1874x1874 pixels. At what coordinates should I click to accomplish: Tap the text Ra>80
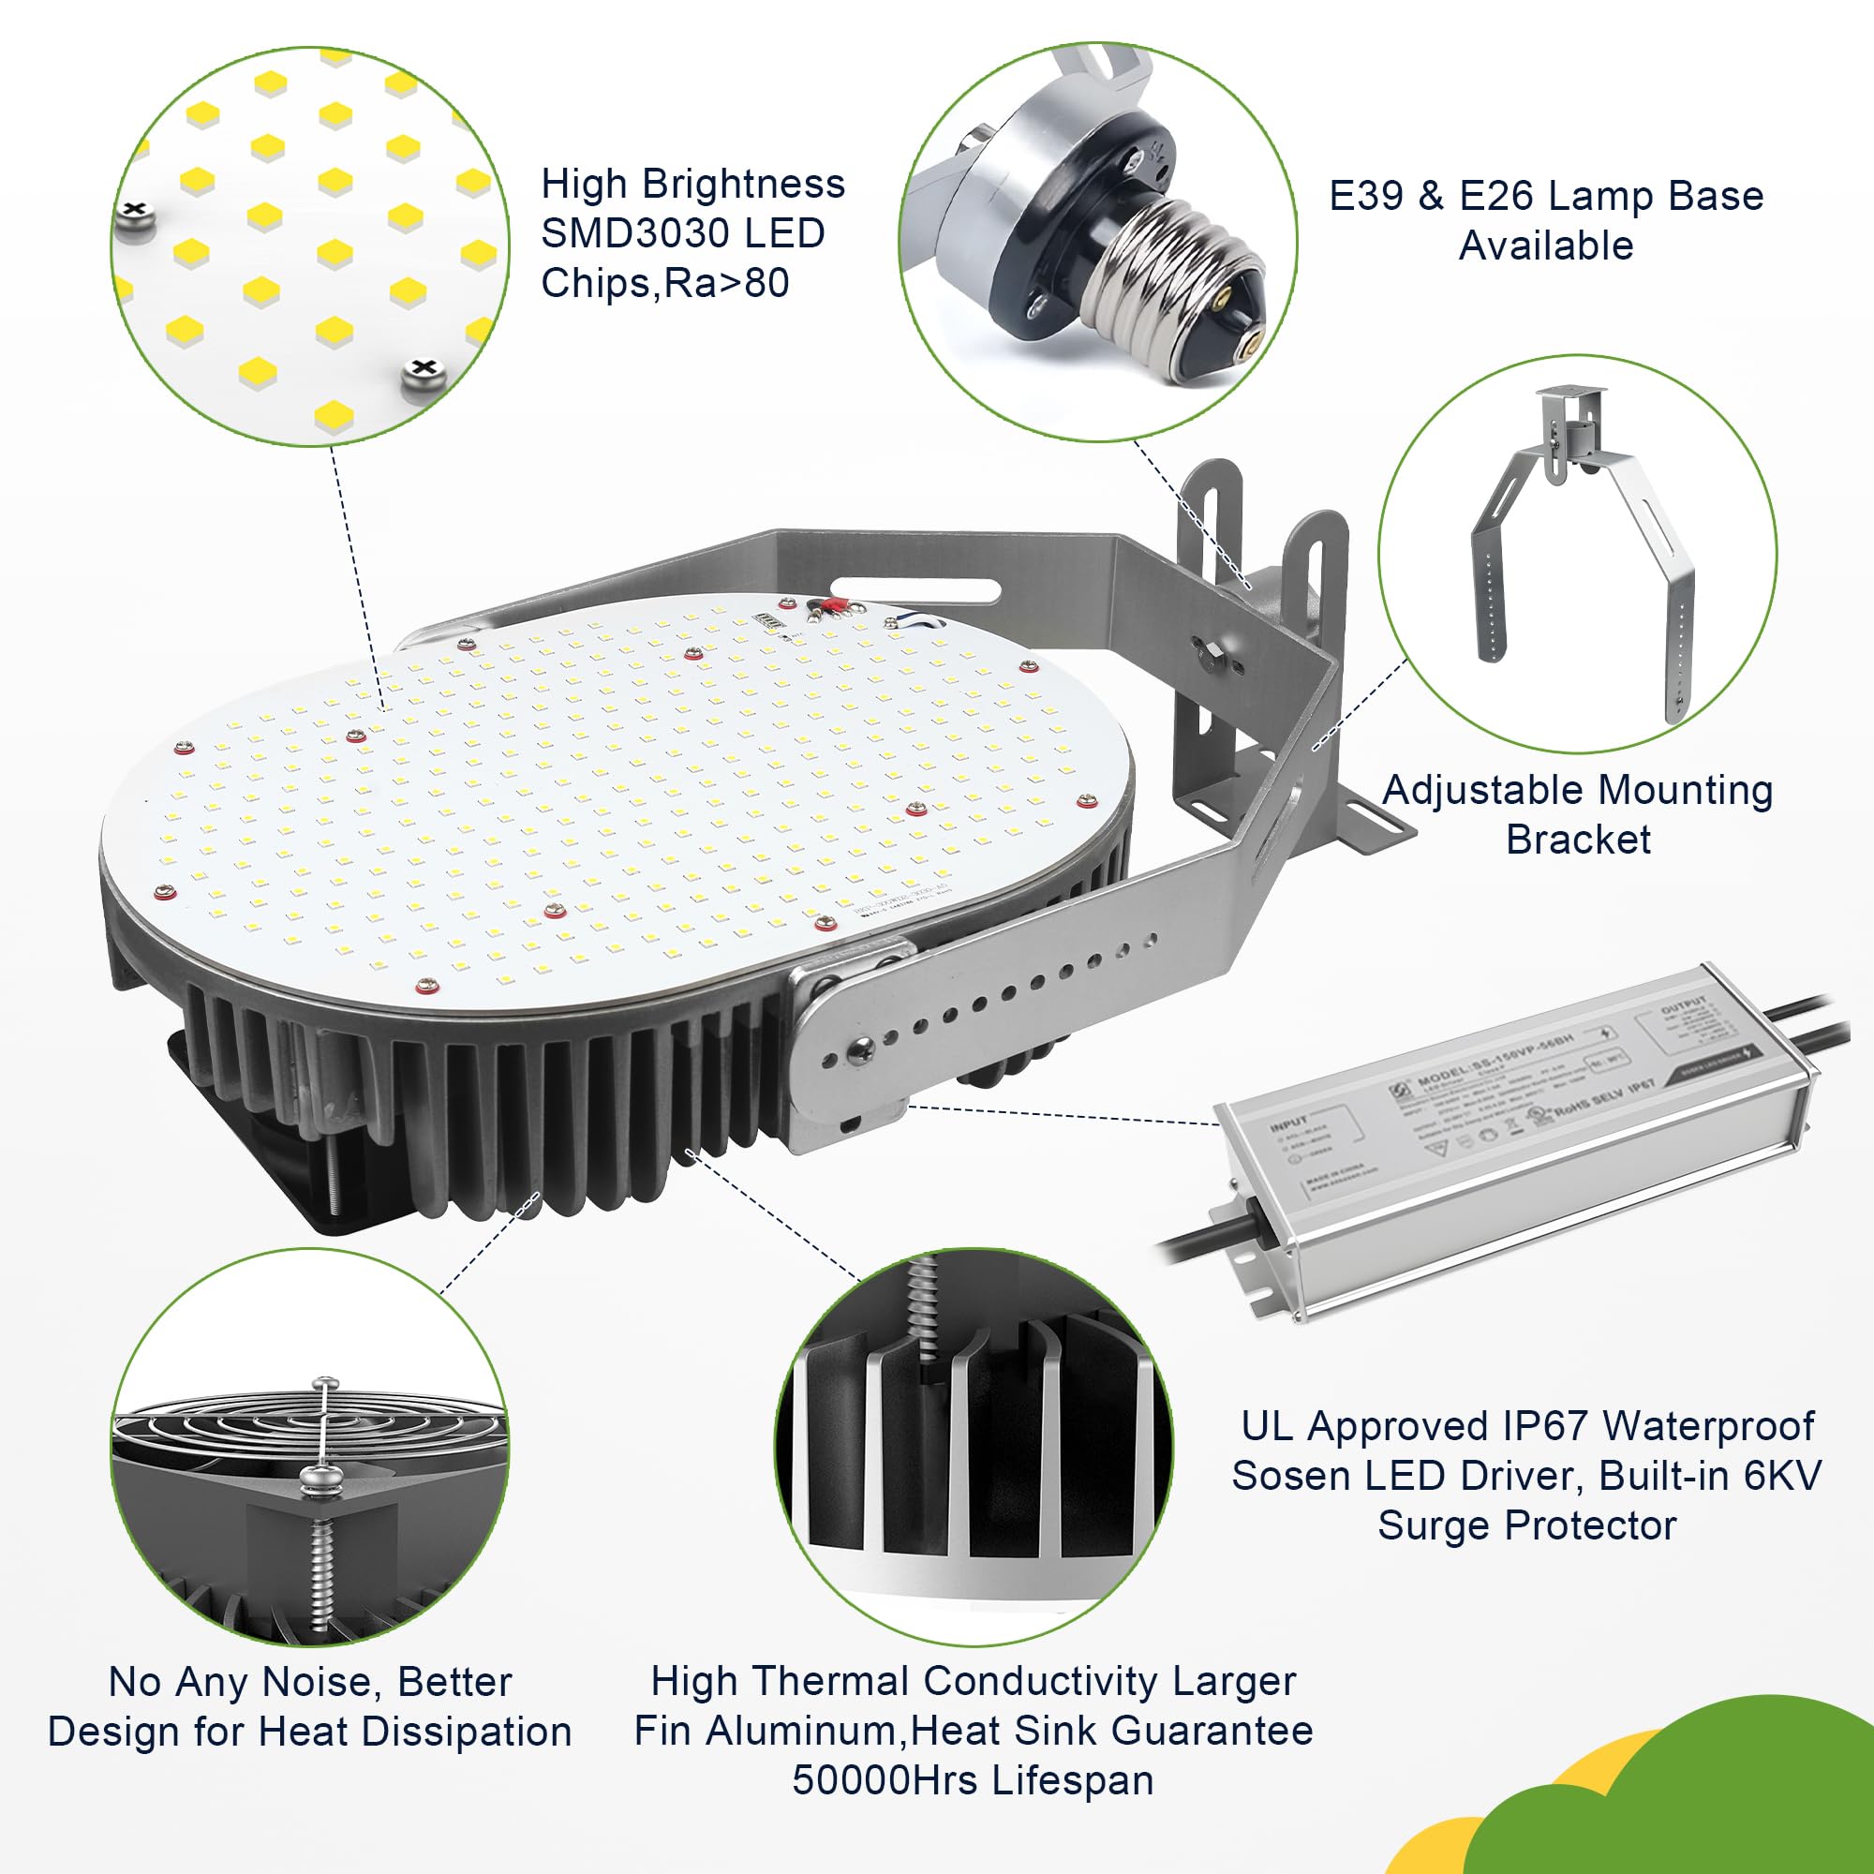[726, 283]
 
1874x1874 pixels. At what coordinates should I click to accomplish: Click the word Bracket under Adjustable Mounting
[1578, 840]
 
